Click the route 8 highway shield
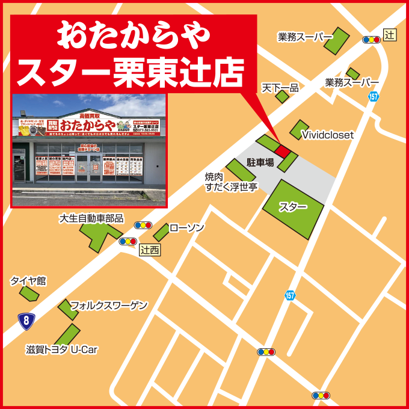click(x=26, y=321)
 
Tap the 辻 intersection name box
click(x=390, y=35)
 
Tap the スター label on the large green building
click(x=293, y=207)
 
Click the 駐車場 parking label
click(x=260, y=162)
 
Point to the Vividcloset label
click(x=327, y=135)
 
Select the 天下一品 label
click(x=280, y=88)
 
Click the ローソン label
click(x=186, y=228)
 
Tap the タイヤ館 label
click(x=28, y=281)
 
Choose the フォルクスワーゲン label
click(x=108, y=306)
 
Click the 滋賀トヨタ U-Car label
click(x=61, y=349)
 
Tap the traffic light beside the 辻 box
click(x=371, y=40)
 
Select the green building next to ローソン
click(x=161, y=232)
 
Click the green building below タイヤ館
click(x=28, y=294)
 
